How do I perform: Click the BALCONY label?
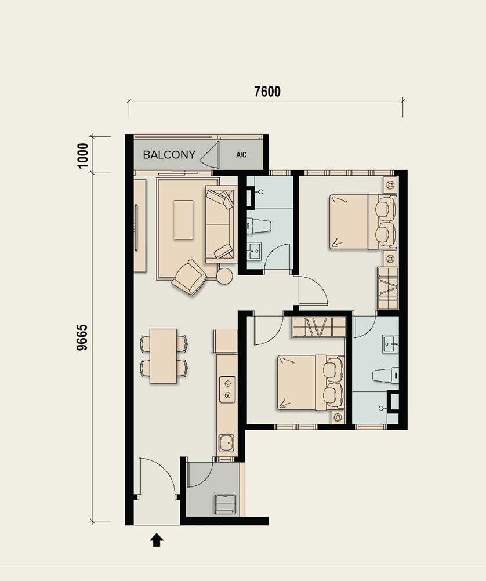169,154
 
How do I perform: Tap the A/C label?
241,155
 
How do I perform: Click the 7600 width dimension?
267,92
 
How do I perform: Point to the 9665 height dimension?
82,337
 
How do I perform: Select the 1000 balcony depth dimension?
83,155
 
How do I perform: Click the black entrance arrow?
157,540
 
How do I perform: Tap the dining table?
164,355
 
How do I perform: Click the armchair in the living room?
190,277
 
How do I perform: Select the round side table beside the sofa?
224,275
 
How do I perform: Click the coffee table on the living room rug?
183,220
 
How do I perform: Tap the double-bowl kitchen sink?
227,389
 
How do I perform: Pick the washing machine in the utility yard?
226,504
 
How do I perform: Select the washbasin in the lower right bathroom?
390,344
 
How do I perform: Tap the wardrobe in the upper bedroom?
388,288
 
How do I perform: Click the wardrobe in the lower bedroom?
319,327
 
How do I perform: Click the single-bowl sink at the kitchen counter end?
227,442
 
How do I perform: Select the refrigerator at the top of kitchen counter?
225,341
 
